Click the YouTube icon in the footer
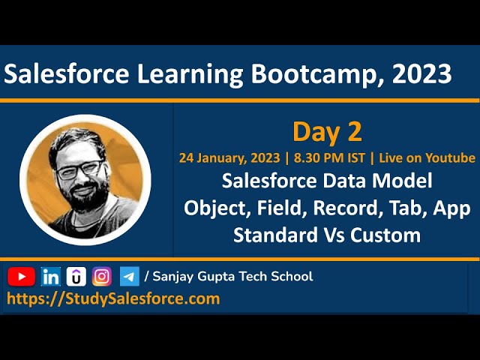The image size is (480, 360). tap(21, 277)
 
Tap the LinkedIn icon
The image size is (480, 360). tap(51, 277)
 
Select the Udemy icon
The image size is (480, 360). tap(76, 277)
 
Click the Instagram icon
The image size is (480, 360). tap(102, 277)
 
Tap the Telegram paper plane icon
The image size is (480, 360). tap(129, 277)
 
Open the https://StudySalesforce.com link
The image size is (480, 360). tap(113, 298)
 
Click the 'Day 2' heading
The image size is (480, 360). tap(327, 132)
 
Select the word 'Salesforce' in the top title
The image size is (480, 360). tap(67, 73)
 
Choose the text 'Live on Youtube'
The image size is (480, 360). tap(427, 158)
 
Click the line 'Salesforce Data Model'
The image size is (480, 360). tap(327, 181)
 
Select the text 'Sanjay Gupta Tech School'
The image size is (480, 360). tap(232, 277)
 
